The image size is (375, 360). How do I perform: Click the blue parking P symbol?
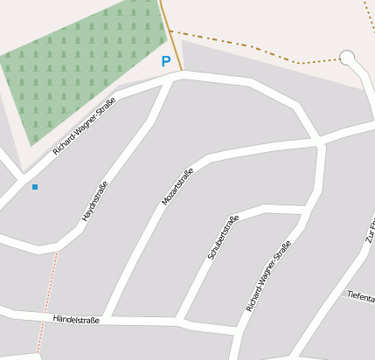pos(165,62)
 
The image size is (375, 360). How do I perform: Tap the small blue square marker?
pos(35,187)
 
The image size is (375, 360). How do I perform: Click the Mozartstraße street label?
pos(177,186)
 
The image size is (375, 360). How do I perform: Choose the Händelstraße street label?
pos(76,320)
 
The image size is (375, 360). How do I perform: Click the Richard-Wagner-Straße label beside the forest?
pos(84,127)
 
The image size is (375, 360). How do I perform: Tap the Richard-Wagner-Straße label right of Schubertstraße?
pos(267,279)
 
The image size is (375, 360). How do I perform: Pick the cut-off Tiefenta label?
pos(360,297)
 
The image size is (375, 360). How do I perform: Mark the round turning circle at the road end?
pos(347,59)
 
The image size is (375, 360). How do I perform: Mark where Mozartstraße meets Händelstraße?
pos(107,316)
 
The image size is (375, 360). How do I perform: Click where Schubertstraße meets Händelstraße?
pos(182,321)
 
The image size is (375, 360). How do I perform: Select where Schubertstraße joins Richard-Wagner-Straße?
pos(306,209)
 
